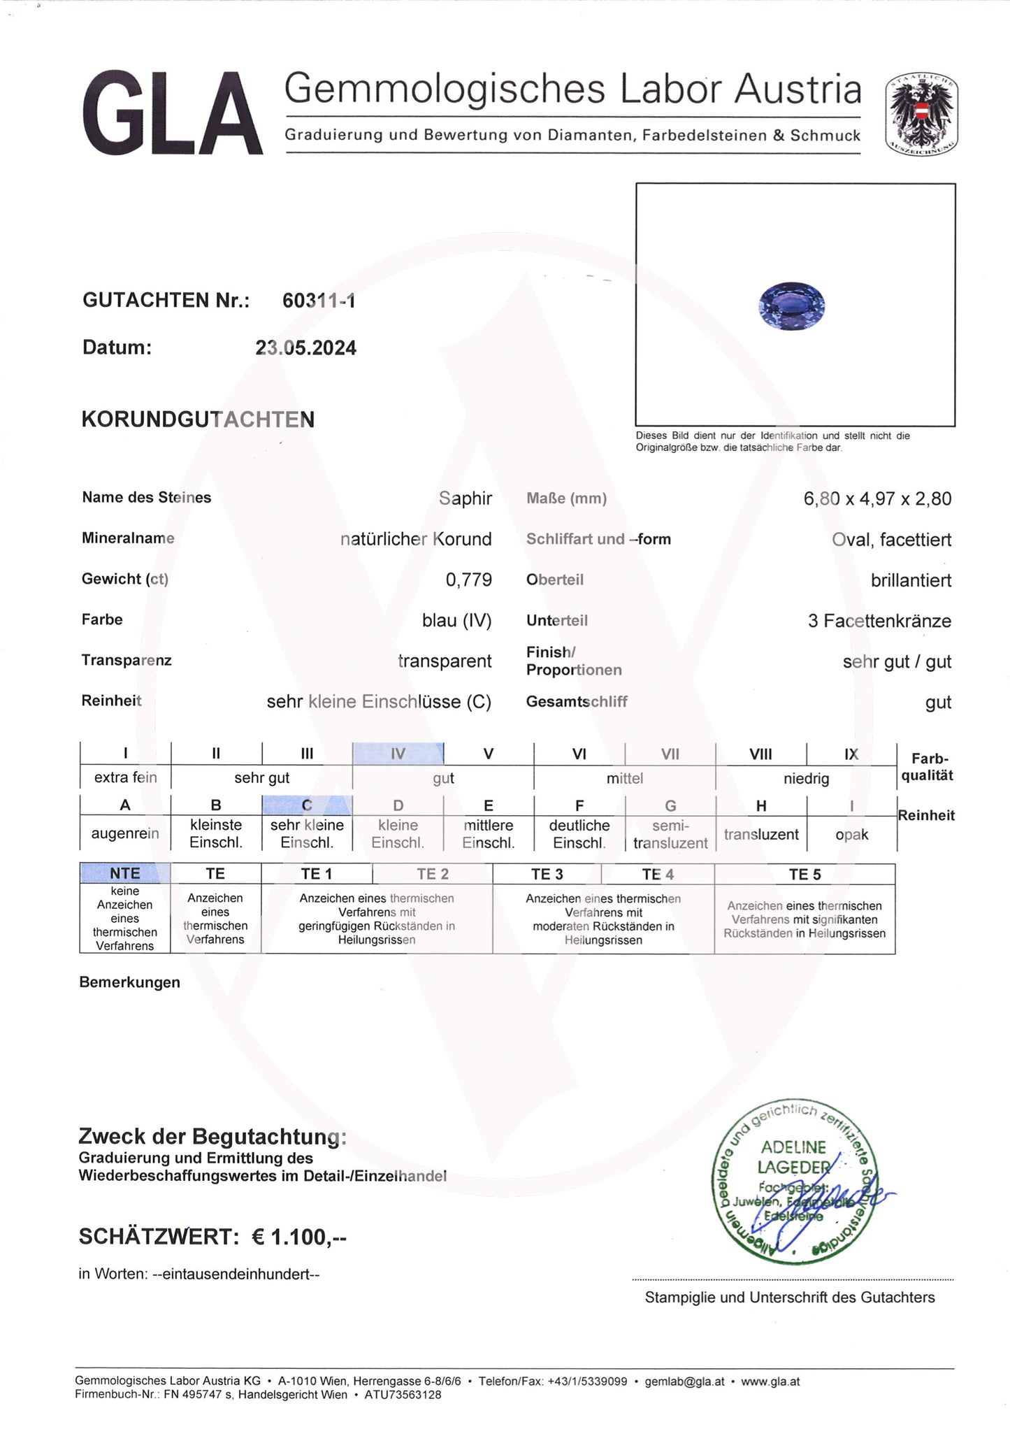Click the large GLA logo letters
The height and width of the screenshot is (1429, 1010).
[172, 113]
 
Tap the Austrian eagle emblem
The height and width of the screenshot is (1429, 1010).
[921, 115]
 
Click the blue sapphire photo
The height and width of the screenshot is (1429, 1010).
[791, 306]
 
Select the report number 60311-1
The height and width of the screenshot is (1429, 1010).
[319, 301]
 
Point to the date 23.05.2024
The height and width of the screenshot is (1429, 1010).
[305, 348]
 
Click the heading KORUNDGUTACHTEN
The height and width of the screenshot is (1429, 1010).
[198, 419]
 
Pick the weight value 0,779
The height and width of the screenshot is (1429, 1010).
[468, 580]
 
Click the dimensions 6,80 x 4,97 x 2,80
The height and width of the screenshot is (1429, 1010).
[876, 499]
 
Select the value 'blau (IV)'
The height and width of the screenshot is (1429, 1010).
[456, 620]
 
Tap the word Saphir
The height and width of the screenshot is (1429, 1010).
[465, 498]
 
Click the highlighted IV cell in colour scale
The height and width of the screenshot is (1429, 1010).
[398, 754]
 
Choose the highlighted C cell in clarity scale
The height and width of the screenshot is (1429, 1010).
[307, 805]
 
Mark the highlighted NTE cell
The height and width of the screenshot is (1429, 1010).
[125, 873]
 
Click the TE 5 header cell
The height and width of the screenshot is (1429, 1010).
[805, 874]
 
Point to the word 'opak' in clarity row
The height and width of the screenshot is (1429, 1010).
[851, 835]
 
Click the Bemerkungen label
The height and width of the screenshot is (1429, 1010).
[129, 982]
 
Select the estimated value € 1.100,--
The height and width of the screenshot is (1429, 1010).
[298, 1237]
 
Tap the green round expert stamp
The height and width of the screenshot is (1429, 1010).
[794, 1181]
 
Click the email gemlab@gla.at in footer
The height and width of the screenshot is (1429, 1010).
[684, 1381]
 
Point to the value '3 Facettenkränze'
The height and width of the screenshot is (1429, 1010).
[879, 621]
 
